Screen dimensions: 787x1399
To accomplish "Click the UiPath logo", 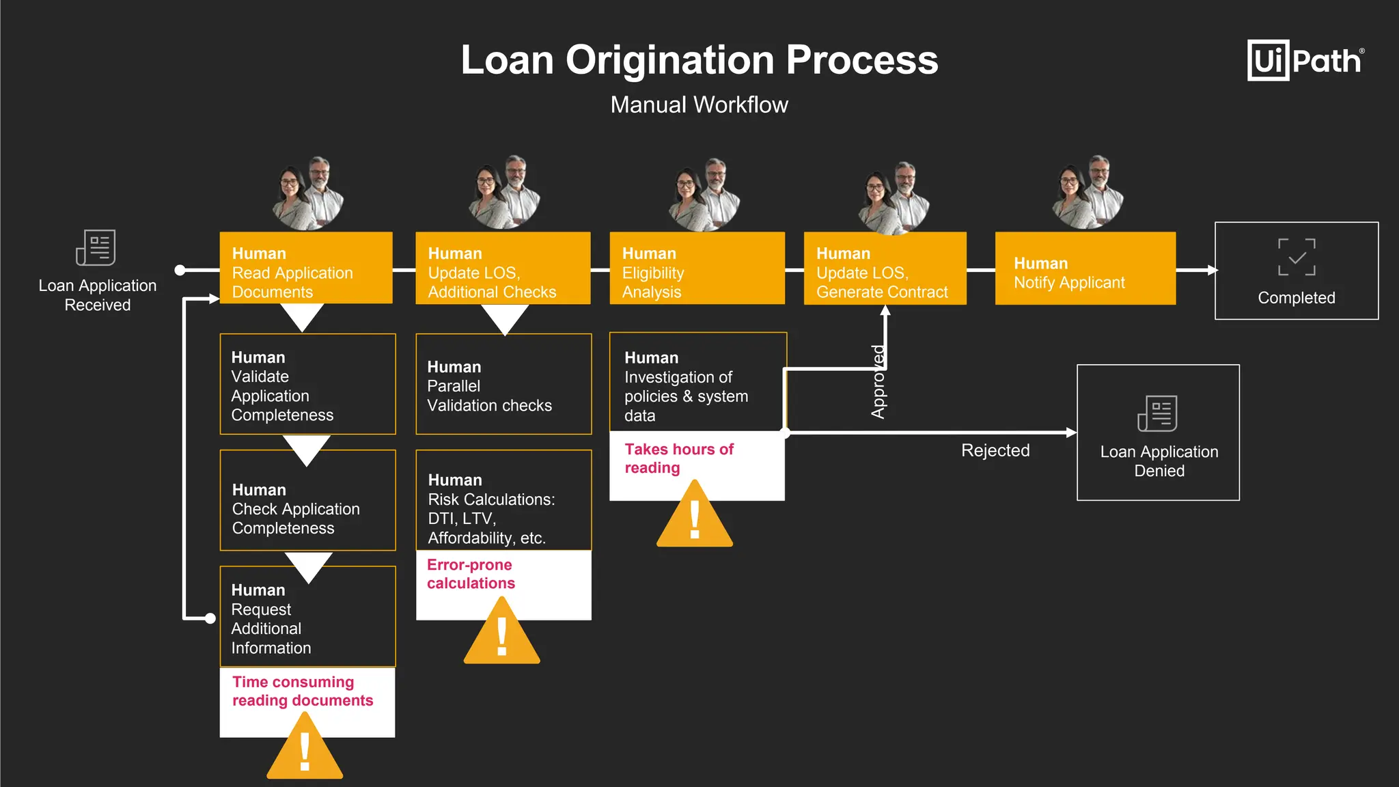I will pyautogui.click(x=1305, y=61).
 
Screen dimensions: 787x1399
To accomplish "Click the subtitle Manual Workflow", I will pyautogui.click(x=699, y=105).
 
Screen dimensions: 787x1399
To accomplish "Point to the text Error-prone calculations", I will pyautogui.click(x=471, y=574).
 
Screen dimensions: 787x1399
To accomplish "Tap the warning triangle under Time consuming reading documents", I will pyautogui.click(x=305, y=750).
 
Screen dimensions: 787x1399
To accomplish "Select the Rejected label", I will pyautogui.click(x=995, y=450).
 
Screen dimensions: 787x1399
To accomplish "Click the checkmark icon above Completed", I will pyautogui.click(x=1296, y=257).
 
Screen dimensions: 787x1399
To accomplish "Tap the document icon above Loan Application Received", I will pyautogui.click(x=96, y=247).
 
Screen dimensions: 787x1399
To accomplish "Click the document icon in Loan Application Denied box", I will pyautogui.click(x=1157, y=413).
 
